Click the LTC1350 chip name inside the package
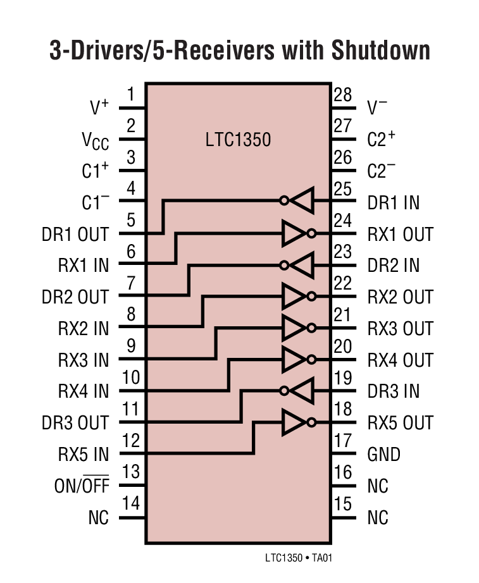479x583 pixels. [x=238, y=139]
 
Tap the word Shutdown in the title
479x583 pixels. [x=379, y=51]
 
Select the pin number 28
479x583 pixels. [x=342, y=95]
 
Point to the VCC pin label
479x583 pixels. [x=96, y=141]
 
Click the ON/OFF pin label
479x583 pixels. [x=82, y=486]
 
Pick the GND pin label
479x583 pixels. [x=383, y=455]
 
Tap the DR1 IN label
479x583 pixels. [x=393, y=202]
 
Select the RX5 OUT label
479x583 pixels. [x=400, y=423]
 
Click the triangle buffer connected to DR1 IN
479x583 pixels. [x=302, y=201]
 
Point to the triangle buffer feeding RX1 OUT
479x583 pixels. [x=294, y=233]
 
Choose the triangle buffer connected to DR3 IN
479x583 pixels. [x=302, y=391]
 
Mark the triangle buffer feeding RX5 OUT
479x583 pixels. [x=294, y=422]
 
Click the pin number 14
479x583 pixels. [x=130, y=504]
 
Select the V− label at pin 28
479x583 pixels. [x=377, y=108]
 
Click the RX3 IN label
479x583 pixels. [x=84, y=360]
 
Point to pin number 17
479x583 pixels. [x=342, y=441]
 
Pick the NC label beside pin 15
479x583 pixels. [x=378, y=518]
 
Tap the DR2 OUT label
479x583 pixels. [x=75, y=297]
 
